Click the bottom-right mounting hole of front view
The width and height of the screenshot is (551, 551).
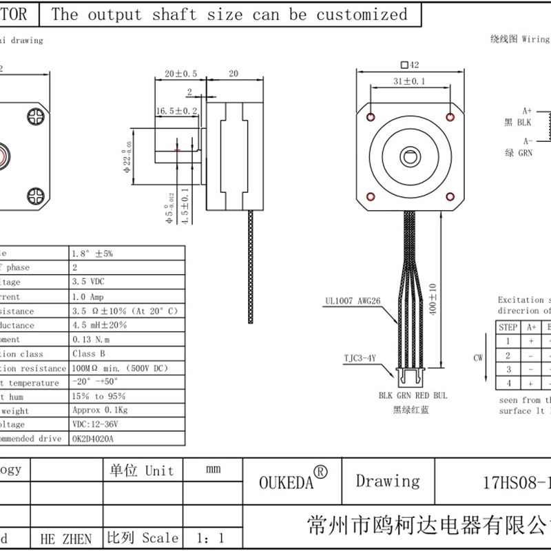point(450,197)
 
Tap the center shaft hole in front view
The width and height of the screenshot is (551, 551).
point(411,156)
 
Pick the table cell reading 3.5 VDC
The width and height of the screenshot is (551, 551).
point(89,282)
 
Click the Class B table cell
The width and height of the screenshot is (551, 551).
point(89,354)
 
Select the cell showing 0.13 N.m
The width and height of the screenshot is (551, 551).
point(91,340)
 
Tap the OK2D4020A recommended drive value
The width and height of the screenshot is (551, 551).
point(94,438)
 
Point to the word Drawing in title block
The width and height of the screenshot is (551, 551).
point(387,481)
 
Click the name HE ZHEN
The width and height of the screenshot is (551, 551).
point(66,539)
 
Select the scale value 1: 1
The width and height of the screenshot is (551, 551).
point(209,538)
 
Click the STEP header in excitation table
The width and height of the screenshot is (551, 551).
point(508,327)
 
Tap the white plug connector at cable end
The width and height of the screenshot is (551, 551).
point(412,377)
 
